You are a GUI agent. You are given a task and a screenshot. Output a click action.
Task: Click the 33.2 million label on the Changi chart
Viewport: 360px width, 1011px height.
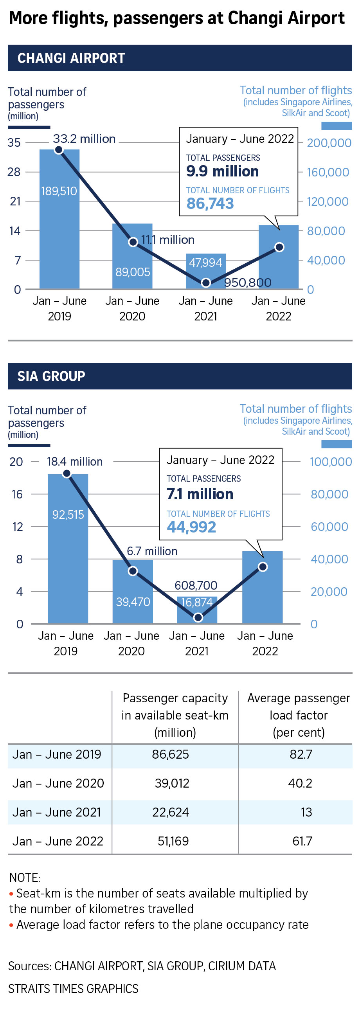click(84, 139)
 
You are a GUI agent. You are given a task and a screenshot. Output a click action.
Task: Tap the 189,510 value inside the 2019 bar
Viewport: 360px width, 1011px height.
click(59, 191)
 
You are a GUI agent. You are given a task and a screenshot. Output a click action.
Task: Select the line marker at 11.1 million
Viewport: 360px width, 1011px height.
click(133, 242)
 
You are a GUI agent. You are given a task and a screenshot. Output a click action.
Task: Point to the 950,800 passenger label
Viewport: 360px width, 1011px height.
click(248, 282)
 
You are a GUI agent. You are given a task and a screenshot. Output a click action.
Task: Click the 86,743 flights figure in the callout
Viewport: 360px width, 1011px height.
click(210, 204)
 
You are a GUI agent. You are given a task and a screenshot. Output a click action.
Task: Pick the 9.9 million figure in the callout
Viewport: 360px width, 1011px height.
click(222, 171)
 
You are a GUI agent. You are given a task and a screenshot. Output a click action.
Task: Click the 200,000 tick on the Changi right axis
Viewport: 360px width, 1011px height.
click(329, 143)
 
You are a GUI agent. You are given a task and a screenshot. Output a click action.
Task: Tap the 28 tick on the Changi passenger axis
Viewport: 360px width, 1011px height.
click(14, 172)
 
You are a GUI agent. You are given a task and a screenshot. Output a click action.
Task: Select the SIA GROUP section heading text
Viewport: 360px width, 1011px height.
click(51, 376)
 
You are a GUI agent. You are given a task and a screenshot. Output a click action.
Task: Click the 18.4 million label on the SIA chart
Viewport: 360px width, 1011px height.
click(75, 462)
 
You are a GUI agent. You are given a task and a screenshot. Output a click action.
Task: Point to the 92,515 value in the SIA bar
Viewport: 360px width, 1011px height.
click(68, 514)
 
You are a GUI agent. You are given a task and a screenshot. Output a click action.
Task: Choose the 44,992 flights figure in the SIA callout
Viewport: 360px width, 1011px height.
click(191, 527)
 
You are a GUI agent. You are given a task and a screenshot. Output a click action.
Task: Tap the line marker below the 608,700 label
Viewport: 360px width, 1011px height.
click(198, 617)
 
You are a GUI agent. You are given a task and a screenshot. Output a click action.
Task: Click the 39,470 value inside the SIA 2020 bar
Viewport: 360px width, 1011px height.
click(133, 602)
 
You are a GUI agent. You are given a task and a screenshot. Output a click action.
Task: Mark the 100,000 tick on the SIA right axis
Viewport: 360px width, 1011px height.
click(331, 462)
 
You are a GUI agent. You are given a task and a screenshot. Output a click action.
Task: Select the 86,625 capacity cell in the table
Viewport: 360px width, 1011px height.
click(170, 754)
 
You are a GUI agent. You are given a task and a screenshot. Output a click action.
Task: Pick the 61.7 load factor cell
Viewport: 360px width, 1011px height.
click(302, 841)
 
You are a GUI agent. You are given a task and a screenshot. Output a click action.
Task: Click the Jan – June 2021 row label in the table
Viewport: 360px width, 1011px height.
click(57, 811)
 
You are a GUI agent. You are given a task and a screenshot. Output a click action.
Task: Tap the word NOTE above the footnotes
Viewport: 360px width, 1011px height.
click(25, 877)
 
